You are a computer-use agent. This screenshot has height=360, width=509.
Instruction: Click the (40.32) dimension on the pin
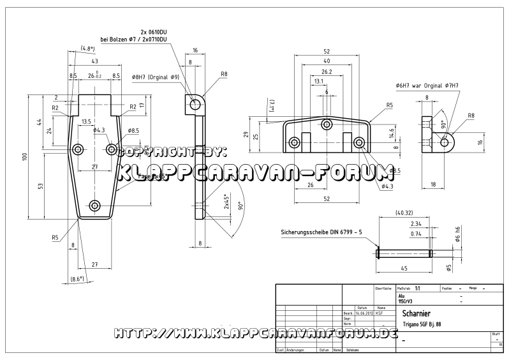404,213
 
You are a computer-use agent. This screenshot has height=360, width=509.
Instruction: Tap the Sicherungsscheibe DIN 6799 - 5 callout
320,232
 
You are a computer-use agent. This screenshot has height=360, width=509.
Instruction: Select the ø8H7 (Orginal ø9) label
156,77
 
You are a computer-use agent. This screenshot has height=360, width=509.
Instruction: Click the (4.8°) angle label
88,49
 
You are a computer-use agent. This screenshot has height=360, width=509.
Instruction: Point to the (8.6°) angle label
78,279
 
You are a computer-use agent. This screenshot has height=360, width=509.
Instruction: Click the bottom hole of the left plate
95,206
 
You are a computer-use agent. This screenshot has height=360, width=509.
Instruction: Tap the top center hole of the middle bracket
327,124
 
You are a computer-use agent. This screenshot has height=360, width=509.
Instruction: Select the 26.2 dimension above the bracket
326,71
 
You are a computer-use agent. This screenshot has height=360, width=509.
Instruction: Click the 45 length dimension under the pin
404,268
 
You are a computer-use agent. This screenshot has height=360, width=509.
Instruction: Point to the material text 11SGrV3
406,301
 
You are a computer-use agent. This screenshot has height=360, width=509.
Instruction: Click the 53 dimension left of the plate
40,186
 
